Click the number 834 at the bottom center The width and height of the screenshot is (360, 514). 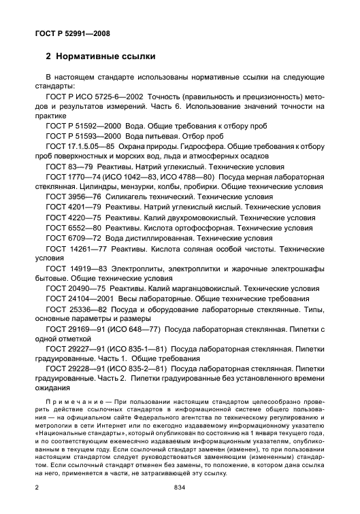click(x=180, y=487)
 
